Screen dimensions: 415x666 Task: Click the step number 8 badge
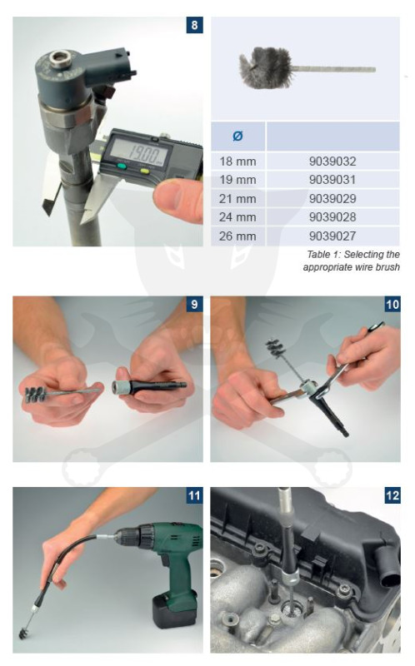(x=194, y=25)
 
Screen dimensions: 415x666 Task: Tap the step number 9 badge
(x=194, y=305)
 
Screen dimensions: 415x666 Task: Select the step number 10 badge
(x=392, y=305)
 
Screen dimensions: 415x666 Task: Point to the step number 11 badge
(x=194, y=495)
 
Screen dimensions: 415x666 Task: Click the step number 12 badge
(x=392, y=495)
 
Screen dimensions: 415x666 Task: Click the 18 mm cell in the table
(x=237, y=162)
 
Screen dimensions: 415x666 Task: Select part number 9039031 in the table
(x=332, y=180)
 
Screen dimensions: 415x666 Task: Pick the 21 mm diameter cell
(x=237, y=198)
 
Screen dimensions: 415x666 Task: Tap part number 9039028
(x=332, y=217)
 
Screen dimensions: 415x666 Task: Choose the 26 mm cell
(x=237, y=236)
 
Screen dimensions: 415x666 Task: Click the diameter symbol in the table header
(x=237, y=136)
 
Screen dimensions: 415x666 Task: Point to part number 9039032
(x=332, y=162)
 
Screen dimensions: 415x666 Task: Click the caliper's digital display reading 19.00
(x=138, y=153)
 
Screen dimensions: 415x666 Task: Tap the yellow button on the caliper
(x=144, y=171)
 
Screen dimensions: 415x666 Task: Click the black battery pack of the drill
(x=174, y=610)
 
